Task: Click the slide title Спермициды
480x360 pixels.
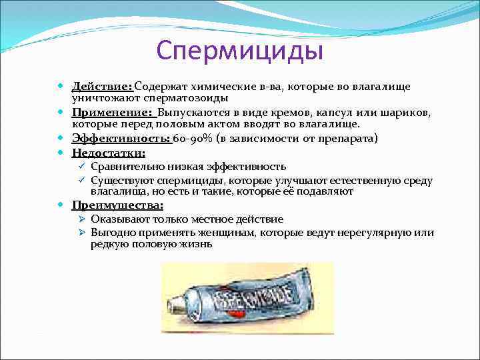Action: tap(239, 51)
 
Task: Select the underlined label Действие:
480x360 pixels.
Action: tap(103, 87)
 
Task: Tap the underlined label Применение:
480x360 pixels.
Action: tap(111, 113)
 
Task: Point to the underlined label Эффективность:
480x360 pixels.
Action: tap(121, 138)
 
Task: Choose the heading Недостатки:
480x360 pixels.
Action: tap(108, 153)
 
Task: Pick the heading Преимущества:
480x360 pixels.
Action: tap(117, 205)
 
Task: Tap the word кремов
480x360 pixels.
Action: tap(287, 113)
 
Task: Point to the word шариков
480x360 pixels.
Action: tap(404, 113)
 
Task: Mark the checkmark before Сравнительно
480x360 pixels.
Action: tap(81, 167)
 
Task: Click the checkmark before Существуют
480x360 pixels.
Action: tap(81, 181)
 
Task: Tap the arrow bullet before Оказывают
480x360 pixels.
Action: tap(81, 219)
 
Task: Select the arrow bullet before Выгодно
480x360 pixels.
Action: tap(81, 233)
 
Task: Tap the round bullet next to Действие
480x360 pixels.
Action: tap(63, 87)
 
